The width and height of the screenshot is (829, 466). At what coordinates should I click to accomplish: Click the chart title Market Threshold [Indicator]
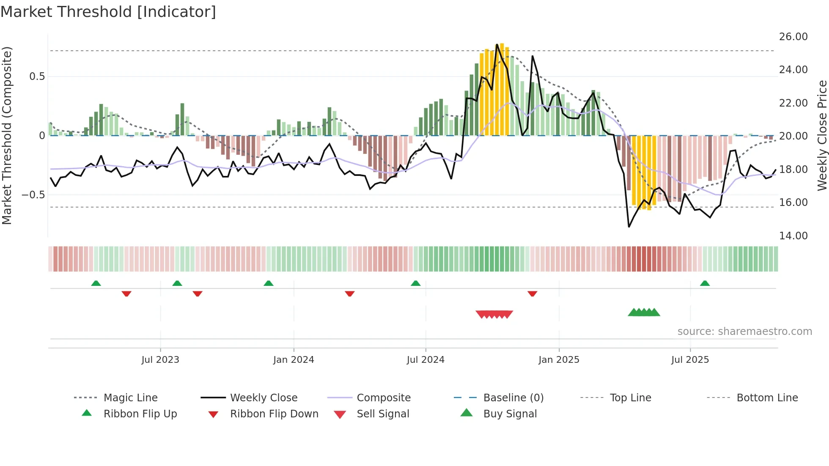tap(108, 12)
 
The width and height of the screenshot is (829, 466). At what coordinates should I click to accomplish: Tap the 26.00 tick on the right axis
tap(793, 37)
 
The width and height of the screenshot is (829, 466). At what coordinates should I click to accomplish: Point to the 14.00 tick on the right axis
tap(793, 236)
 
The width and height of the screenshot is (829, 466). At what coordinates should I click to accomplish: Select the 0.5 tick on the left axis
tap(37, 77)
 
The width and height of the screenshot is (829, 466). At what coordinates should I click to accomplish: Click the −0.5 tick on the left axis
tap(33, 195)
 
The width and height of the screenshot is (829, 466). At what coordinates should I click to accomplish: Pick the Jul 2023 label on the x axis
tap(160, 360)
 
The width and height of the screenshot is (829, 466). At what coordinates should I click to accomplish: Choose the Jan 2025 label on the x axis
tap(559, 360)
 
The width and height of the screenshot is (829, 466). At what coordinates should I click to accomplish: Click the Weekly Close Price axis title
tap(822, 135)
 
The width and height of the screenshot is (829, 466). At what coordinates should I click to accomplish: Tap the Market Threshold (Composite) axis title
tap(7, 135)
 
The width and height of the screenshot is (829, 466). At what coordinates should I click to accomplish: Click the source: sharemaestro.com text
tap(744, 332)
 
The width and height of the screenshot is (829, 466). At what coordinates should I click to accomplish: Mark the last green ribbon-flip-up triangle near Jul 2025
tap(705, 283)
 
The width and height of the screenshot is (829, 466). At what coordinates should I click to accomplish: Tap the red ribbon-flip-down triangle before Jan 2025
tap(532, 293)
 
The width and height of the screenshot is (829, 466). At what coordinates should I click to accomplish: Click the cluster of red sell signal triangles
tap(494, 314)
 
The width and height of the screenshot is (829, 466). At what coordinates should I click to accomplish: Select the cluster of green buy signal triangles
tap(644, 312)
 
